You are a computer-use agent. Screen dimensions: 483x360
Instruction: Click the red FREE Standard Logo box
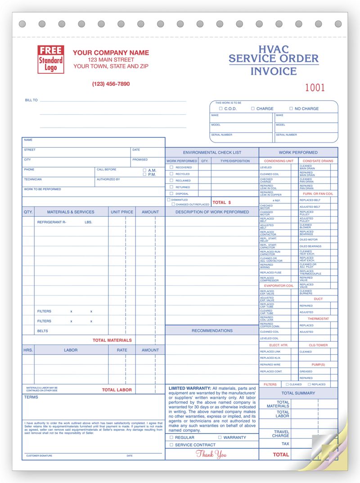[51, 59]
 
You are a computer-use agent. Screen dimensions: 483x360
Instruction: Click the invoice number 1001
[315, 88]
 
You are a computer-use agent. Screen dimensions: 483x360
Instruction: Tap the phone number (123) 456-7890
[111, 84]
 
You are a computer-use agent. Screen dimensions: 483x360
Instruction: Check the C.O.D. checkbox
[220, 109]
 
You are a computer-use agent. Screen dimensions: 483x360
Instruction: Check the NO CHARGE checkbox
[291, 109]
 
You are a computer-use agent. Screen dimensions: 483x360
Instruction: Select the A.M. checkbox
[144, 170]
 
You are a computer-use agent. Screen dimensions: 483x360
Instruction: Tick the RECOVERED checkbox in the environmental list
[171, 167]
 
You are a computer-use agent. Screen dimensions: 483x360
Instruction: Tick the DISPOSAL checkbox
[171, 193]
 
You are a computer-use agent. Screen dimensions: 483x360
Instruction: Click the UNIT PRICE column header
[121, 212]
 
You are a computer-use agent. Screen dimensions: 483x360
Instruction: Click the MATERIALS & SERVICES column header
[71, 212]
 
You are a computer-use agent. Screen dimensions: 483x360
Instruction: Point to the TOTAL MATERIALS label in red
[112, 340]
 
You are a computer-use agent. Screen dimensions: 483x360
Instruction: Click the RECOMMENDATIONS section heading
[212, 331]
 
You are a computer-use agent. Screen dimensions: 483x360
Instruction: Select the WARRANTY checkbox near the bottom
[220, 437]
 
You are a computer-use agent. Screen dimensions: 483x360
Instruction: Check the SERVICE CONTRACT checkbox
[171, 445]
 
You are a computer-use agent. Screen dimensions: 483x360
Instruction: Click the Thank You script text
[211, 454]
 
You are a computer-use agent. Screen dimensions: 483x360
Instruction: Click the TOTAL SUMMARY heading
[298, 393]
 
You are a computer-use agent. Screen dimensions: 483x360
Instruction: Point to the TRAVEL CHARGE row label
[281, 434]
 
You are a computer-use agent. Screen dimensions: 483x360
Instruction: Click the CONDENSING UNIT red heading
[279, 161]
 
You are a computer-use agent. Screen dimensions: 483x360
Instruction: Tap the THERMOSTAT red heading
[318, 318]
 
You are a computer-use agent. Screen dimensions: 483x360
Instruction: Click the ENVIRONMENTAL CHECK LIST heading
[211, 152]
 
